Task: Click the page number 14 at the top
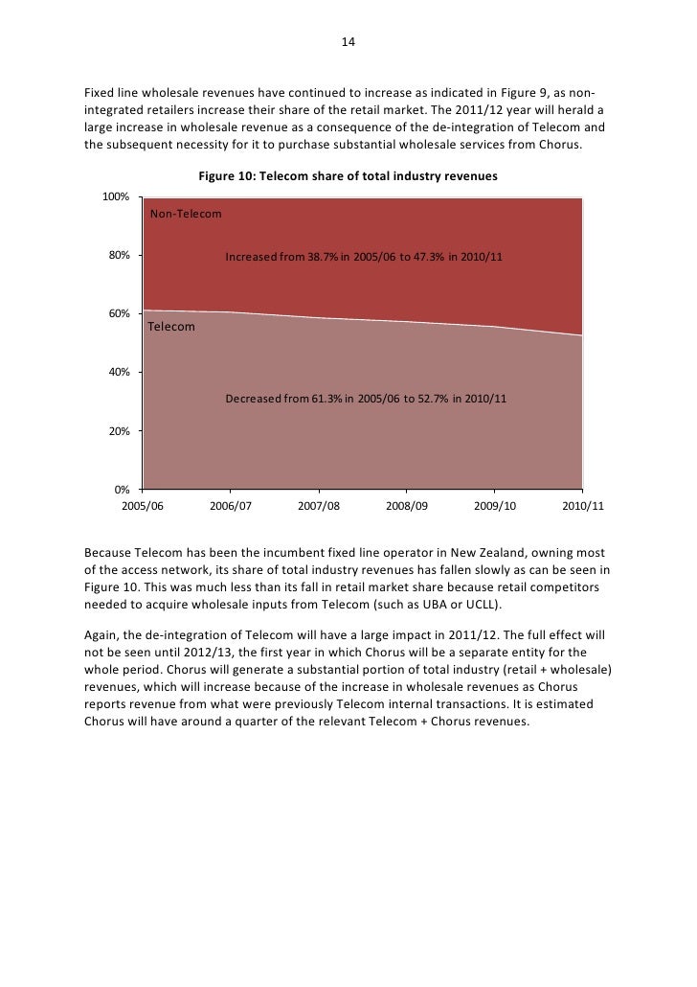pyautogui.click(x=348, y=43)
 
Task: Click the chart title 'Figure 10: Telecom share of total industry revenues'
pyautogui.click(x=348, y=177)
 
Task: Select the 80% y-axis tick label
pyautogui.click(x=118, y=256)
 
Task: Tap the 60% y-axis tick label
pyautogui.click(x=118, y=314)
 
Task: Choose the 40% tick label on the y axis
pyautogui.click(x=118, y=373)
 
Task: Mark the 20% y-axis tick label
pyautogui.click(x=118, y=431)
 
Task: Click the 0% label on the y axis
pyautogui.click(x=122, y=490)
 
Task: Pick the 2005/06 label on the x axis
pyautogui.click(x=143, y=506)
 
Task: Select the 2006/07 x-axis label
pyautogui.click(x=231, y=506)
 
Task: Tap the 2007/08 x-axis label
pyautogui.click(x=319, y=506)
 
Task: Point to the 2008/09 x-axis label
pyautogui.click(x=407, y=506)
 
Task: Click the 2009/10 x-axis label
pyautogui.click(x=495, y=506)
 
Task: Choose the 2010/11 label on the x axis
pyautogui.click(x=583, y=506)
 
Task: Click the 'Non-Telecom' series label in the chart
pyautogui.click(x=186, y=214)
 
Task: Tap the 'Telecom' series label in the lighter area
pyautogui.click(x=171, y=327)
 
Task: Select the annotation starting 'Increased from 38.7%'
pyautogui.click(x=364, y=258)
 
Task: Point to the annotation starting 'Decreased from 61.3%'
pyautogui.click(x=366, y=399)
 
